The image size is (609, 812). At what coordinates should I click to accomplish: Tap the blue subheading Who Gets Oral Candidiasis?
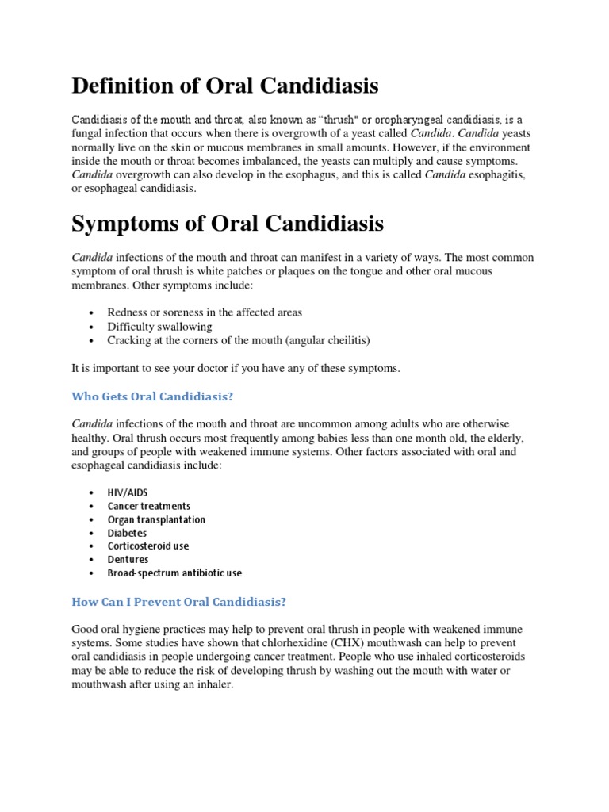tap(153, 396)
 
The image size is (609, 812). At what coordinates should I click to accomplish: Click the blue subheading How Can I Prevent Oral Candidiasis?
tap(178, 602)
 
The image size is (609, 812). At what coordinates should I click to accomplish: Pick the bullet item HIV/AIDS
tap(128, 492)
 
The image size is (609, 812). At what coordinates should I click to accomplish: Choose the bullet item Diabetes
tap(127, 533)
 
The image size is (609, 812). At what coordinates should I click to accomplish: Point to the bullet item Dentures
tap(128, 559)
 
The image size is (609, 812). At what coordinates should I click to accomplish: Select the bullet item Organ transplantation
tap(156, 519)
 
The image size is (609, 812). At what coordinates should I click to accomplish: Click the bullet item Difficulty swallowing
tap(159, 327)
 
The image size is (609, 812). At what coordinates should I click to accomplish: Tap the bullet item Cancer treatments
tap(149, 506)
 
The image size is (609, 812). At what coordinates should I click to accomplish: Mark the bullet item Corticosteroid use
tap(148, 546)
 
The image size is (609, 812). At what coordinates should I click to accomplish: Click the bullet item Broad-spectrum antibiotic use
tap(174, 573)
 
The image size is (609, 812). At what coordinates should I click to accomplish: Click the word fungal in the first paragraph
tap(86, 132)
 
